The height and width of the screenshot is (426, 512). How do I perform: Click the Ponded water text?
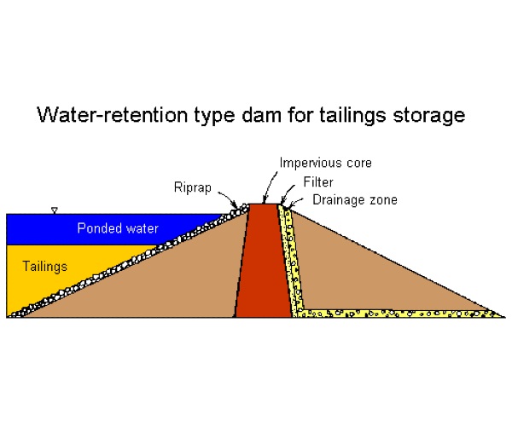[x=118, y=228]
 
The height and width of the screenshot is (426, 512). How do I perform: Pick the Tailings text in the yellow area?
[x=44, y=267]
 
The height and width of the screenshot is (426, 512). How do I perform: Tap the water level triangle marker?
[x=54, y=210]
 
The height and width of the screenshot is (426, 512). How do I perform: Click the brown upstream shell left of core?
[x=188, y=281]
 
